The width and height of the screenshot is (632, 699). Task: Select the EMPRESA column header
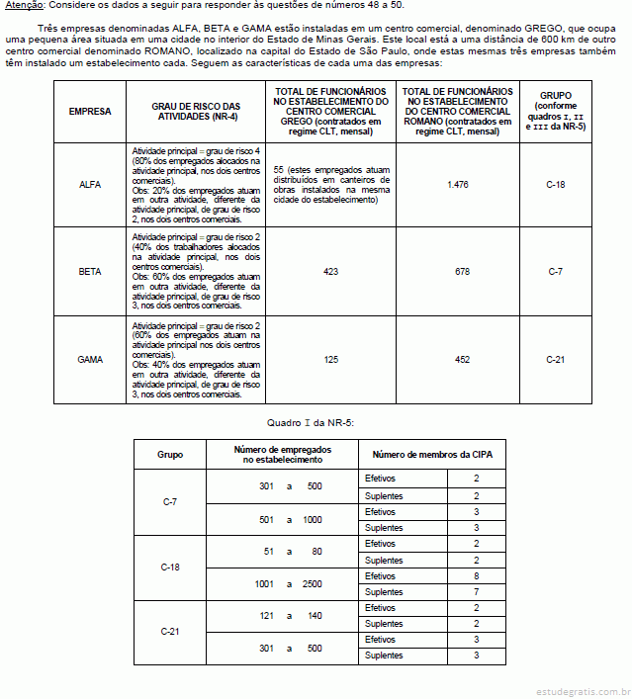click(x=90, y=112)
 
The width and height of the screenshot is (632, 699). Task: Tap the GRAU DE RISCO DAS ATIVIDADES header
click(x=196, y=112)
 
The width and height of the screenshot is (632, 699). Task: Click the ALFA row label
click(x=90, y=185)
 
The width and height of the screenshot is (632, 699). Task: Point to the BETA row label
click(x=90, y=270)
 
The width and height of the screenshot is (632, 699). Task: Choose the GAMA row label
click(x=90, y=359)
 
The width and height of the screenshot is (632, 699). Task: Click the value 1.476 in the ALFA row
click(x=457, y=185)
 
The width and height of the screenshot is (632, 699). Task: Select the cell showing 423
click(x=330, y=270)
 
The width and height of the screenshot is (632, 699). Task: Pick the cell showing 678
click(x=457, y=270)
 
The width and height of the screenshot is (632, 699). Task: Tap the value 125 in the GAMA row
click(x=330, y=359)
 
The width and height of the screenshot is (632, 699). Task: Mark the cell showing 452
click(x=457, y=359)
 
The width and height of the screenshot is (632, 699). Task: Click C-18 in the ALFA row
click(x=555, y=185)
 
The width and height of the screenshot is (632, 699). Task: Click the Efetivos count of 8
click(x=476, y=575)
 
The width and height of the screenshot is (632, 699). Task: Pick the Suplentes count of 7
click(x=476, y=591)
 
